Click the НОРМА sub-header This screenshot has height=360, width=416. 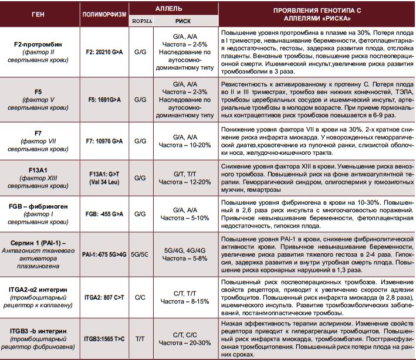(x=141, y=20)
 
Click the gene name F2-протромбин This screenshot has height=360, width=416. (x=39, y=44)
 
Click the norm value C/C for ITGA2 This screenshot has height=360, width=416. (x=140, y=297)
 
